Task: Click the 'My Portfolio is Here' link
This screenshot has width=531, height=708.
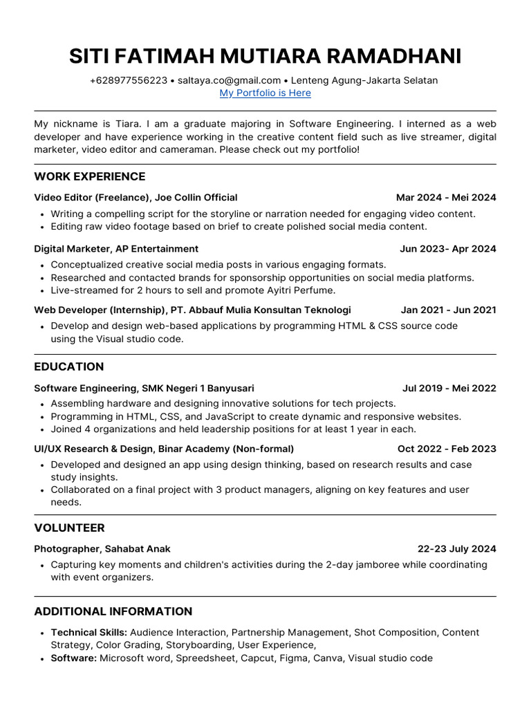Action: click(x=265, y=93)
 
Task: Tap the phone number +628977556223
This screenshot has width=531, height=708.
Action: click(x=129, y=80)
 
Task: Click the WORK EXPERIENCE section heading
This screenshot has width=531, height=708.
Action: click(x=90, y=176)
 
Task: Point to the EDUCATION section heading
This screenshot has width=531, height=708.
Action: click(x=69, y=366)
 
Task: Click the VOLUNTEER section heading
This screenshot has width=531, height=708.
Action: click(x=70, y=528)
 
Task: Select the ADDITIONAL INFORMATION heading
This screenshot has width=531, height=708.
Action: click(x=113, y=611)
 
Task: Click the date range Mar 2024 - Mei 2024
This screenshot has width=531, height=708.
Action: click(x=446, y=198)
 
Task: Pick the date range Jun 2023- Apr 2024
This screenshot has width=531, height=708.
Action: click(x=447, y=249)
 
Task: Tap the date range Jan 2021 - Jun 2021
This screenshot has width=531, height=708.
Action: click(x=448, y=310)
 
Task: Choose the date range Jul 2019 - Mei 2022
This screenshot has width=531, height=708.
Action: click(x=449, y=389)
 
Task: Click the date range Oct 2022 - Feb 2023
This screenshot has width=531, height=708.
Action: click(x=447, y=449)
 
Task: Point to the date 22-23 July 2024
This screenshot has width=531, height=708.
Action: click(x=456, y=549)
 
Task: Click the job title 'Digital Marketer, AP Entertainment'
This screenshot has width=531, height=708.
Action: click(x=116, y=249)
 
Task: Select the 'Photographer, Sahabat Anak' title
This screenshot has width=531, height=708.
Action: click(x=102, y=549)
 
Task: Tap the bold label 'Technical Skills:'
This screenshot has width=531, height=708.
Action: click(x=89, y=632)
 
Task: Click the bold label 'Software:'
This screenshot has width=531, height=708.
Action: click(x=74, y=658)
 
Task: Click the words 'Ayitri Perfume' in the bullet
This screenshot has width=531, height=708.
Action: click(x=301, y=290)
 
